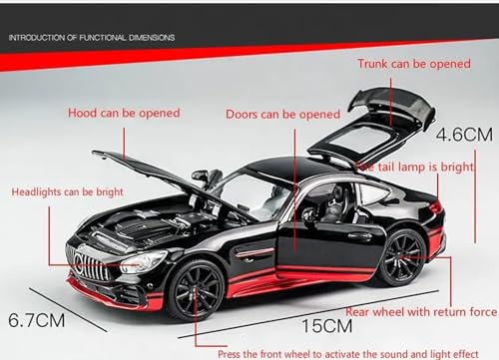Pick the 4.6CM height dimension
(x=464, y=130)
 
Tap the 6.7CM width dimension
(x=34, y=322)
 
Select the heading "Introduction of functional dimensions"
(x=91, y=37)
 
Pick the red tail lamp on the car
(x=434, y=206)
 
